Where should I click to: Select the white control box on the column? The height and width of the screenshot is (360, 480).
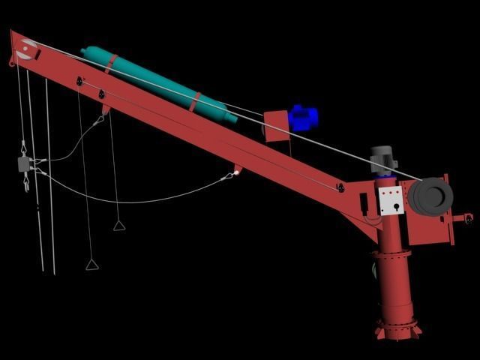pos(391,201)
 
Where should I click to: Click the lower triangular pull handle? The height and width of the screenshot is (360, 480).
pos(91,264)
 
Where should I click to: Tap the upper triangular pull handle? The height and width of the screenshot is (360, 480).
pos(118,225)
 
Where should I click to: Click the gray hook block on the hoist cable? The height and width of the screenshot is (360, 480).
pos(24,164)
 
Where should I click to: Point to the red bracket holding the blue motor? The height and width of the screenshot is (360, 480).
pos(277,124)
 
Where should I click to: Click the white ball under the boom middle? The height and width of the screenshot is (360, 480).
pos(235,173)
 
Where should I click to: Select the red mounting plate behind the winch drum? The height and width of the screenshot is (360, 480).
pos(446,225)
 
